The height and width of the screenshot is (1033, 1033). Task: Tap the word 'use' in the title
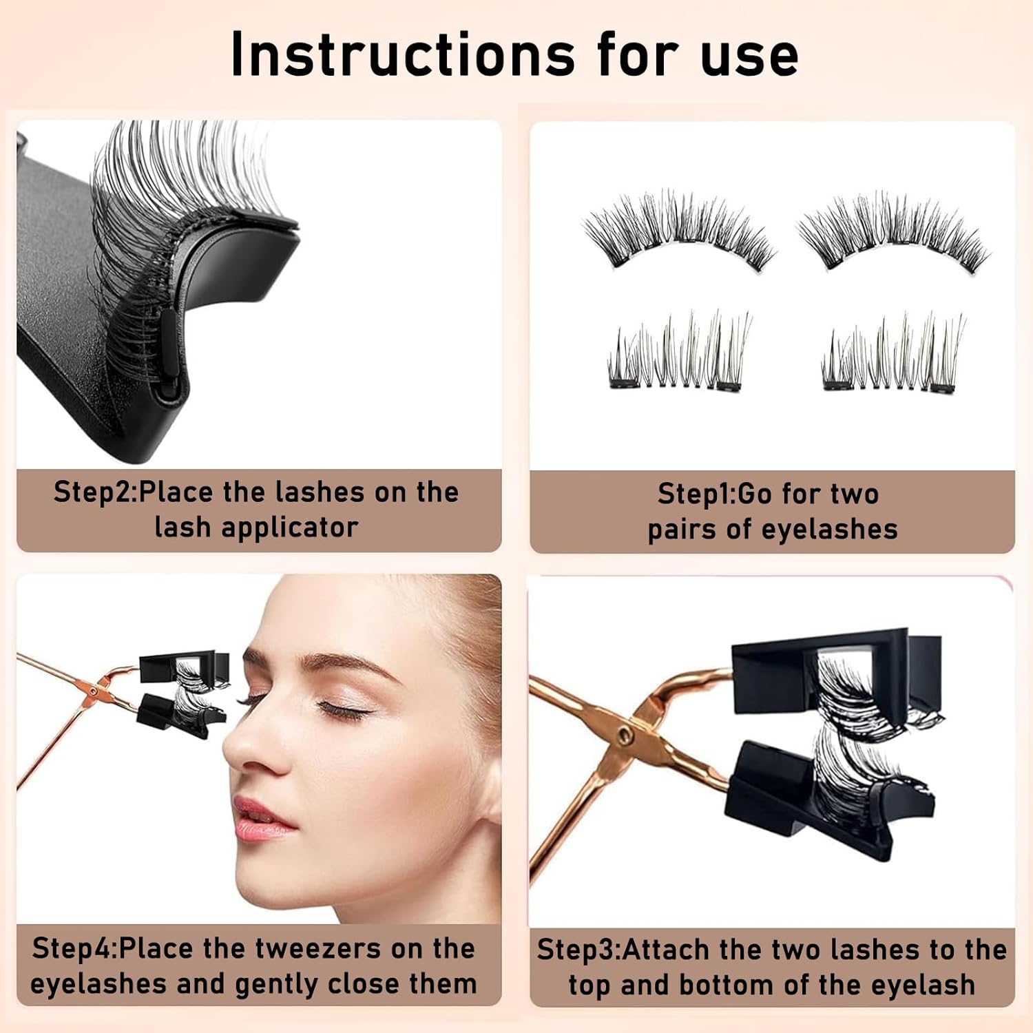point(749,59)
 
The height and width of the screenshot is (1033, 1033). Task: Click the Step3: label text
point(579,950)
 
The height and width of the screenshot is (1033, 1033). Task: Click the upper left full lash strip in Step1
point(679,231)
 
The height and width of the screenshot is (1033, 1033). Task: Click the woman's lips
point(262,820)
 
